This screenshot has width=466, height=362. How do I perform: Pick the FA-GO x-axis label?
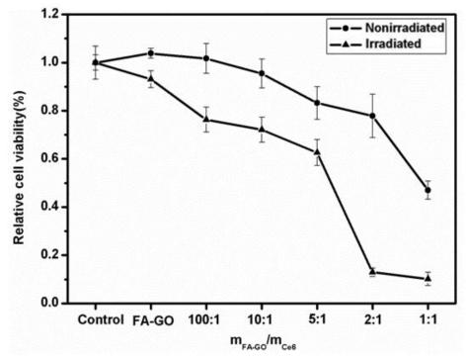(151, 319)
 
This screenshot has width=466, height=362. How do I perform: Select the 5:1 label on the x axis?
(317, 319)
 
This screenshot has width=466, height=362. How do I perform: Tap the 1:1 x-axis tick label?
(427, 319)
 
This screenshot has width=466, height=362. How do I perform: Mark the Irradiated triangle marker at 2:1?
(372, 271)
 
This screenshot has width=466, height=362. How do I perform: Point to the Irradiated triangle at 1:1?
(427, 278)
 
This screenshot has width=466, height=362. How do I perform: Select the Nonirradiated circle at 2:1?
(372, 116)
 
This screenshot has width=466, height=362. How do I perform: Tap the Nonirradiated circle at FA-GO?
(151, 53)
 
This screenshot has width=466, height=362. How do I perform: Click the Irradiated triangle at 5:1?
(317, 151)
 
